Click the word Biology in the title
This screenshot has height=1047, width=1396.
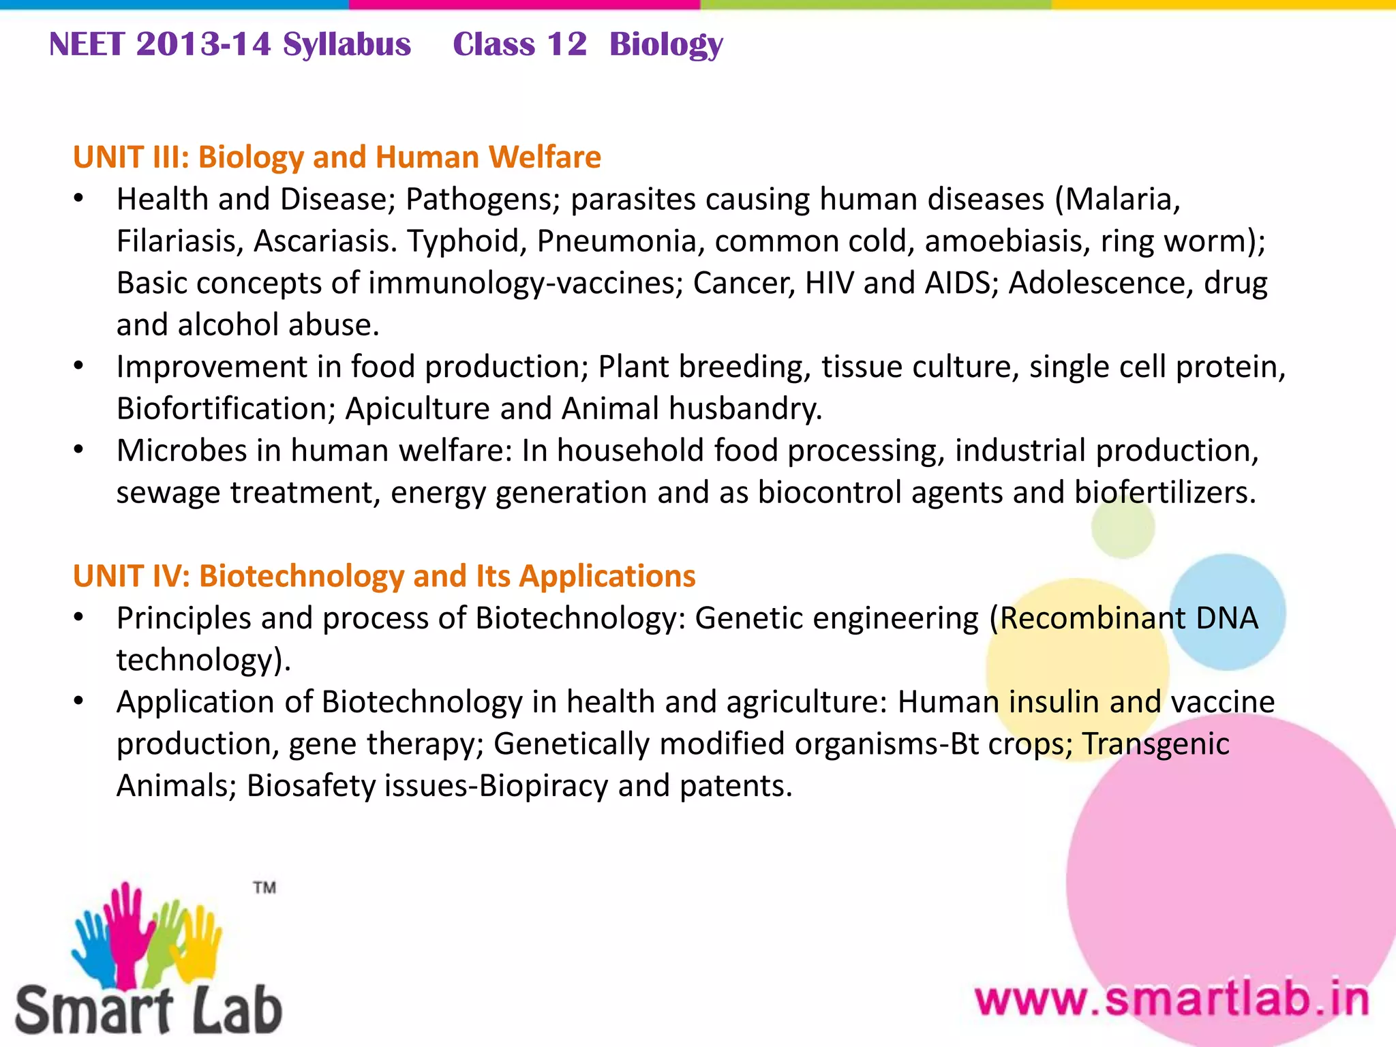(x=665, y=45)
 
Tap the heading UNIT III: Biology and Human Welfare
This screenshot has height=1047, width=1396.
(x=337, y=157)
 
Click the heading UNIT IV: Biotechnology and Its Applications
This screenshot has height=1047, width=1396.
(x=384, y=576)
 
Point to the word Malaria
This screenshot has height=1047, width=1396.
(x=1122, y=200)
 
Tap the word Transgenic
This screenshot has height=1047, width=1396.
(x=1155, y=744)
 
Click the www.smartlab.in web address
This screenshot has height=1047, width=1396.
(x=1172, y=1000)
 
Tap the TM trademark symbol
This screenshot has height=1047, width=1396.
(x=264, y=887)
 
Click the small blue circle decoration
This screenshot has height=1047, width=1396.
(x=1227, y=611)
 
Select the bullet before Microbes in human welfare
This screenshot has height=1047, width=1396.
(x=79, y=451)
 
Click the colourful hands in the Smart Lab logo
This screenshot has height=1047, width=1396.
(x=146, y=934)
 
